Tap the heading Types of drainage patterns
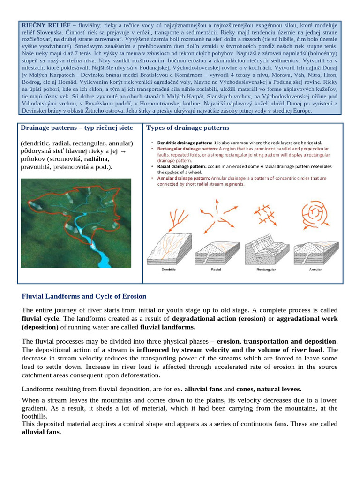pyautogui.click(x=188, y=127)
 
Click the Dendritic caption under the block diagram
pyautogui.click(x=168, y=270)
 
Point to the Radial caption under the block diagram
pyautogui.click(x=216, y=270)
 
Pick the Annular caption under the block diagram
pyautogui.click(x=315, y=270)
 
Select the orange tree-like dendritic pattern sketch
pyautogui.click(x=169, y=216)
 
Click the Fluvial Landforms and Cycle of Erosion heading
pyautogui.click(x=84, y=296)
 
